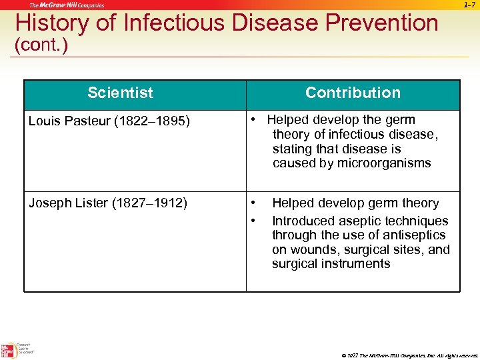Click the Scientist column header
(x=120, y=93)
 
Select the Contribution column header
(x=353, y=93)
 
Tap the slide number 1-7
(x=469, y=5)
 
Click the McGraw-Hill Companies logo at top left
(x=67, y=5)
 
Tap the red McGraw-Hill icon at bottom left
(x=8, y=351)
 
